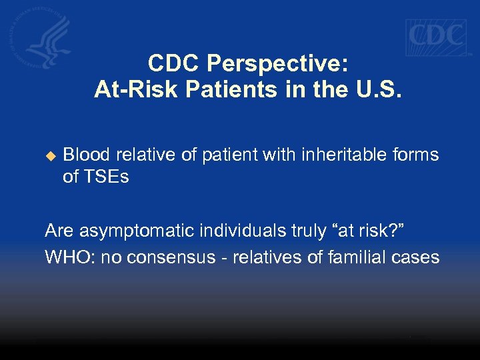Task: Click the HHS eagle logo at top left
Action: click(41, 37)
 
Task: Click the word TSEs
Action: click(105, 177)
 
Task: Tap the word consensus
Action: click(172, 257)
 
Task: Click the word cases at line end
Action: click(418, 257)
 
